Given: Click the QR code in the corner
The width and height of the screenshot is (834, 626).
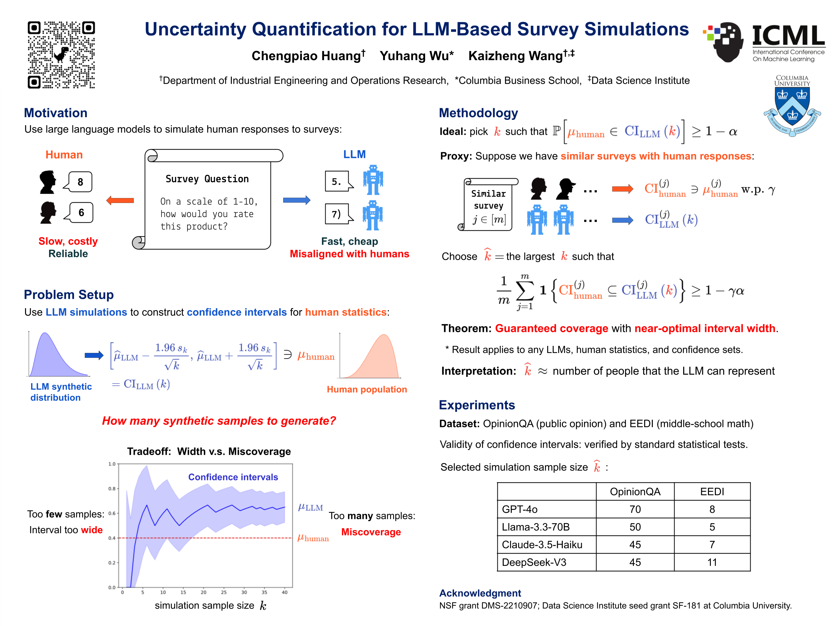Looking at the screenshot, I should [x=61, y=55].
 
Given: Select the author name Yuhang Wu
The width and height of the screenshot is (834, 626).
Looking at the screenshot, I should [x=416, y=56].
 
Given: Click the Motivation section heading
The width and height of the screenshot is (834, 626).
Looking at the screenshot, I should [x=55, y=113].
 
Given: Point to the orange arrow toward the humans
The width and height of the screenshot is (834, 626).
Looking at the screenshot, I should [x=120, y=200].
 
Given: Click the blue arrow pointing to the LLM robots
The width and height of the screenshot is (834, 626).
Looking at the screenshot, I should [x=297, y=200].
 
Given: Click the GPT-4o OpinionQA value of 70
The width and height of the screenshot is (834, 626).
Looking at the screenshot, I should [x=635, y=509].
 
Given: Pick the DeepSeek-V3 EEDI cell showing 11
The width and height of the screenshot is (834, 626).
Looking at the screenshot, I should [x=712, y=562].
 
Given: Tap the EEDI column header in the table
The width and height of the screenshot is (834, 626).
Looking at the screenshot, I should [x=712, y=492].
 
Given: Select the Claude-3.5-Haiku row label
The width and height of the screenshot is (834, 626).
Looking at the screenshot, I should [x=542, y=545].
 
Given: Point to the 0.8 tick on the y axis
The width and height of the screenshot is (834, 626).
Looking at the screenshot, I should [x=112, y=489].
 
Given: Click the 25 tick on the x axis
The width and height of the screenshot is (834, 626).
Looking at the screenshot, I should [x=224, y=592].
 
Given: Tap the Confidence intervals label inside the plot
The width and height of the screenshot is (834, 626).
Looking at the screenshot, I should [x=233, y=477].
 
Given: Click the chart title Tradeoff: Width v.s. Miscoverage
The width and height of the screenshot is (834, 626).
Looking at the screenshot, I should [x=209, y=451].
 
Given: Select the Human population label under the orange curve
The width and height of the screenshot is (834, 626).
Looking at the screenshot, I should [x=367, y=389].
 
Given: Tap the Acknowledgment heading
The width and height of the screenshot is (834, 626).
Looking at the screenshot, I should [x=480, y=593].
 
